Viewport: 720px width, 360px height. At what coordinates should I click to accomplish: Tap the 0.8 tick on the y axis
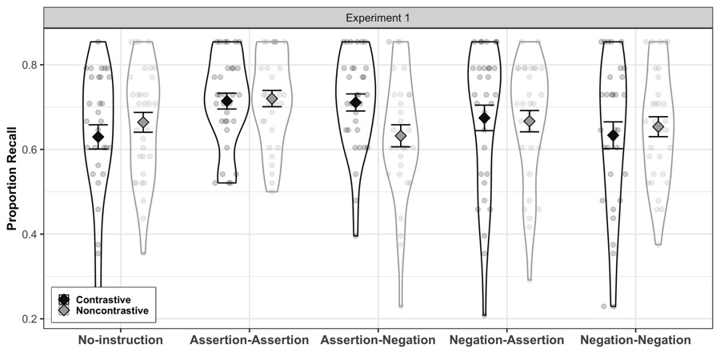[30, 65]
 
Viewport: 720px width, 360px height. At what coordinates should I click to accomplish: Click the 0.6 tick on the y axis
[30, 150]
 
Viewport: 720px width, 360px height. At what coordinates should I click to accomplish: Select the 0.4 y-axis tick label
[30, 234]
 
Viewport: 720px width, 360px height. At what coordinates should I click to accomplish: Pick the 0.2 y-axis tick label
[30, 319]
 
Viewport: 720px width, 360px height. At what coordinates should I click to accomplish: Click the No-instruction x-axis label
[120, 340]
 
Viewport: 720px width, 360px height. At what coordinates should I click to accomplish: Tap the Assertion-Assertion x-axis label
[249, 340]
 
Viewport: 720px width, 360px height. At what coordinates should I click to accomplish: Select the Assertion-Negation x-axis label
[378, 340]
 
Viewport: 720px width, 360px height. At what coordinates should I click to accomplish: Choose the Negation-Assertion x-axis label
[507, 340]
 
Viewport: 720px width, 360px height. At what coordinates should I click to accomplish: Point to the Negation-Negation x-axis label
[635, 340]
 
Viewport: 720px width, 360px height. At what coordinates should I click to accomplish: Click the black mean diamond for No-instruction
[98, 137]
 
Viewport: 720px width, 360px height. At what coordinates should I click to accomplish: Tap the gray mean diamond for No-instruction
[143, 122]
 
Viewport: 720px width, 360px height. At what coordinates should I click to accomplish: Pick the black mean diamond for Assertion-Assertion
[227, 101]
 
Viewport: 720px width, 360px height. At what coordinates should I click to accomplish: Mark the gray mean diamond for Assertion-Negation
[401, 136]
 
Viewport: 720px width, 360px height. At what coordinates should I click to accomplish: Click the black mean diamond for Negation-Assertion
[485, 118]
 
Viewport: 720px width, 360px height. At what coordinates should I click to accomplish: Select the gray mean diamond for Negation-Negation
[658, 126]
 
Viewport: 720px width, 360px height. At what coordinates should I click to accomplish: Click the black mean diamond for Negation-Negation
[613, 135]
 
